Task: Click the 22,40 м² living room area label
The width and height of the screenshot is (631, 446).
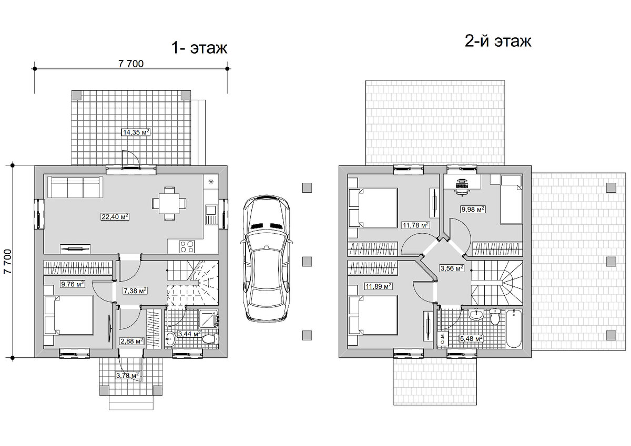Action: click(115, 216)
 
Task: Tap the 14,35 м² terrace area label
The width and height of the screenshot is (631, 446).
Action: click(136, 132)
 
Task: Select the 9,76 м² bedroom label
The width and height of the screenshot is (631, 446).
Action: click(73, 284)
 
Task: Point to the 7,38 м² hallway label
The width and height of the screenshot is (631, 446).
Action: click(135, 291)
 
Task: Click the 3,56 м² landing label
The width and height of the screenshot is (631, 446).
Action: click(452, 268)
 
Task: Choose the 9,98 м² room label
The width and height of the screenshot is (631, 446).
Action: click(473, 210)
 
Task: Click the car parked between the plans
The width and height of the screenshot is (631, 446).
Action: click(266, 258)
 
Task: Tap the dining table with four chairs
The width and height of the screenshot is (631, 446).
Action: click(169, 203)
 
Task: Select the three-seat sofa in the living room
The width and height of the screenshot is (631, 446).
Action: click(75, 187)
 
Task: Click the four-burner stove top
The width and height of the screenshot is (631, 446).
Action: click(187, 246)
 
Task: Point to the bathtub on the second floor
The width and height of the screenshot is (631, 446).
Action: click(514, 329)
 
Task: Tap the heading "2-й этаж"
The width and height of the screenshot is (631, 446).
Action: click(498, 42)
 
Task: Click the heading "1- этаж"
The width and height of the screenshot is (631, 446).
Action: click(199, 48)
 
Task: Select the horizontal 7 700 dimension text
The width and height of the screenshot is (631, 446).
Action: click(131, 64)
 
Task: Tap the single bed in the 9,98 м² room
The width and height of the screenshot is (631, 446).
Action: click(506, 200)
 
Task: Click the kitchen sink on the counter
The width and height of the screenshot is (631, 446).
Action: click(211, 215)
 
